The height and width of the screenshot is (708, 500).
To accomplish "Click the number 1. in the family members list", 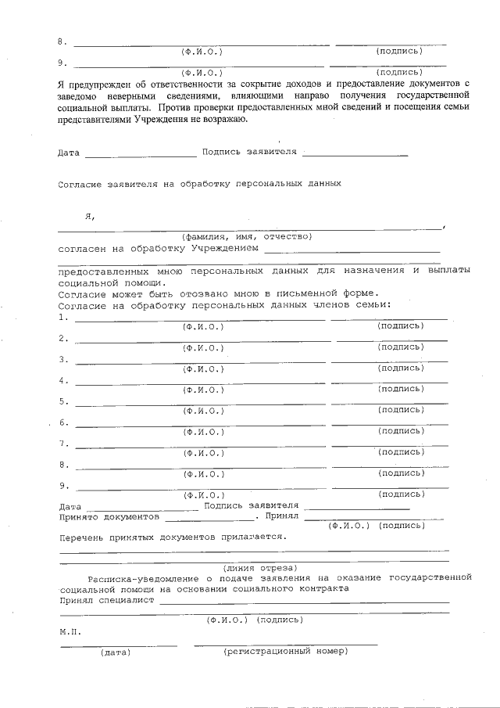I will pos(62,318).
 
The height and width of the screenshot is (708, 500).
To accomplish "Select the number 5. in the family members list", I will pos(62,401).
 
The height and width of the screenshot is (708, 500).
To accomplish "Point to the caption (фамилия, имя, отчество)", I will pos(247,235).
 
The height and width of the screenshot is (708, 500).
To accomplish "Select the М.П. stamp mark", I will pos(69,630).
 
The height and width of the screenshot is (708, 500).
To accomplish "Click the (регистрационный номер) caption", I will pos(285,651).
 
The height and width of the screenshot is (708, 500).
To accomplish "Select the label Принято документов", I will pos(109,516).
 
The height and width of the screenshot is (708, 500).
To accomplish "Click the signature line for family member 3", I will pos(391,361).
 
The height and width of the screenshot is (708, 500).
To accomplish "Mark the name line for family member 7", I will pos(200,446).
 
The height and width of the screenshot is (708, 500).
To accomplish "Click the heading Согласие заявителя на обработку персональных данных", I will pos(200,185).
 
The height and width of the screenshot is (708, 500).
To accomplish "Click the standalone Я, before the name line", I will pos(91,216).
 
